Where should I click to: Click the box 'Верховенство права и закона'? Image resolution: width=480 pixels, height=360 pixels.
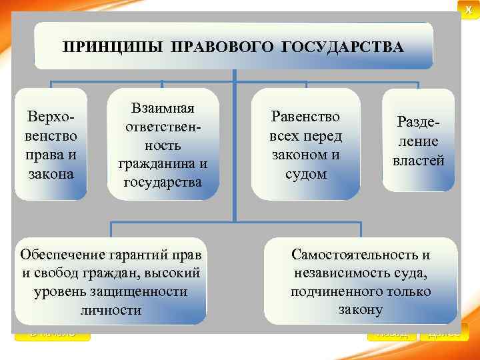pos(51,145)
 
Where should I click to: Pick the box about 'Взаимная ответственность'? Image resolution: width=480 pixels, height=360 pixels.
pos(163,145)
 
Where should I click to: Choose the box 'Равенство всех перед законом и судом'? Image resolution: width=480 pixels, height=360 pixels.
pos(306,145)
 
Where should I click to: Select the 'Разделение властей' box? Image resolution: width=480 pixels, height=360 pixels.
pos(419,141)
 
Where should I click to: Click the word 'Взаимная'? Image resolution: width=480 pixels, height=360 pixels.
pos(163,108)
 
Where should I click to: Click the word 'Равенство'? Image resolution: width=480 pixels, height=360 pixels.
pos(306,117)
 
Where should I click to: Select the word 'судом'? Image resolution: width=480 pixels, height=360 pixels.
pos(306,174)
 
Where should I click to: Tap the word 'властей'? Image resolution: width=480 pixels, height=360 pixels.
pos(419,160)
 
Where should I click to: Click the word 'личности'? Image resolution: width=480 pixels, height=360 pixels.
pos(111,310)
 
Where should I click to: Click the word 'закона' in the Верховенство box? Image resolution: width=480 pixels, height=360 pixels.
pos(51,174)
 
